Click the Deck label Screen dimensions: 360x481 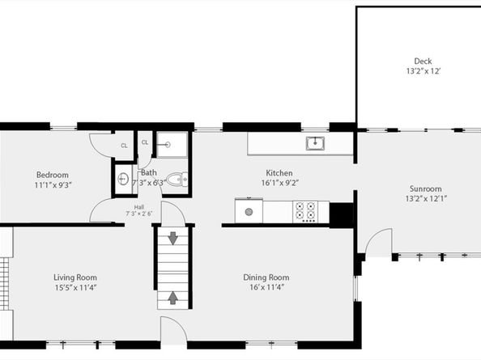click(x=422, y=61)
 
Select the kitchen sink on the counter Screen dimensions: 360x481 click(x=314, y=144)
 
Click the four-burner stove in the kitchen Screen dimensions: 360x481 click(x=305, y=211)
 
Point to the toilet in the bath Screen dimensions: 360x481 click(x=177, y=179)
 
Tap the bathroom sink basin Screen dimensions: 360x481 click(x=124, y=179)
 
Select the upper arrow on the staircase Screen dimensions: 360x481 click(x=172, y=239)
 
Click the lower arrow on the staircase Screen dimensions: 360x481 click(x=172, y=297)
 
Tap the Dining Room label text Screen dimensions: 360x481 click(x=266, y=277)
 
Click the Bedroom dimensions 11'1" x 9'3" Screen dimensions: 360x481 click(x=53, y=185)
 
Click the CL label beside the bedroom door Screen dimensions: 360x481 click(x=124, y=146)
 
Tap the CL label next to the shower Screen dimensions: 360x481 click(x=145, y=142)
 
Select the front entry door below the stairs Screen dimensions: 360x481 click(x=172, y=332)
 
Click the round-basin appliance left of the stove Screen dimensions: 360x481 click(x=249, y=211)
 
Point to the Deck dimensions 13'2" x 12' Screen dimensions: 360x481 click(x=422, y=72)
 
